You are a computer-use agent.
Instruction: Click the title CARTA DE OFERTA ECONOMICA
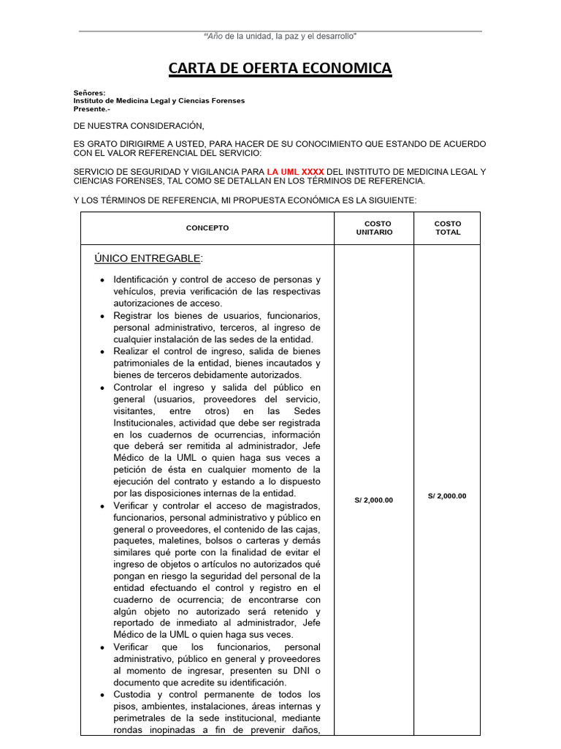point(280,69)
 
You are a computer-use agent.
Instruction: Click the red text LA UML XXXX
point(295,172)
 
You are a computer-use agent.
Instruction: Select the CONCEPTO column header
point(207,228)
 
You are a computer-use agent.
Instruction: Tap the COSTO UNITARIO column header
point(374,228)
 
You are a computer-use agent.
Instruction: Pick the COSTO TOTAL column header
point(447,228)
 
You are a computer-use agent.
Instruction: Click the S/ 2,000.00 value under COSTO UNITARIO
point(374,500)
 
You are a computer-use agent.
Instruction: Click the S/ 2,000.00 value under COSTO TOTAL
point(447,496)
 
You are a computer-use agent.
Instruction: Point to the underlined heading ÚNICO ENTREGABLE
point(148,258)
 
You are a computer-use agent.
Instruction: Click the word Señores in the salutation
point(89,93)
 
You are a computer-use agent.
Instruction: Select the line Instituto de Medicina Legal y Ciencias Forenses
point(159,101)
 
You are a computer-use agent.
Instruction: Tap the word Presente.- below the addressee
point(91,109)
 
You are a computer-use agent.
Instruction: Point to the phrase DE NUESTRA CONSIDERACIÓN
point(139,126)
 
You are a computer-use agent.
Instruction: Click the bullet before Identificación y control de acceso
point(102,280)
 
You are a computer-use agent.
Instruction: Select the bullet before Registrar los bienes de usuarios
point(102,316)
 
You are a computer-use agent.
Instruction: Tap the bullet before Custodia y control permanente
point(102,695)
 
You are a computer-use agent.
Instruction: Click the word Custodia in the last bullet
point(131,694)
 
